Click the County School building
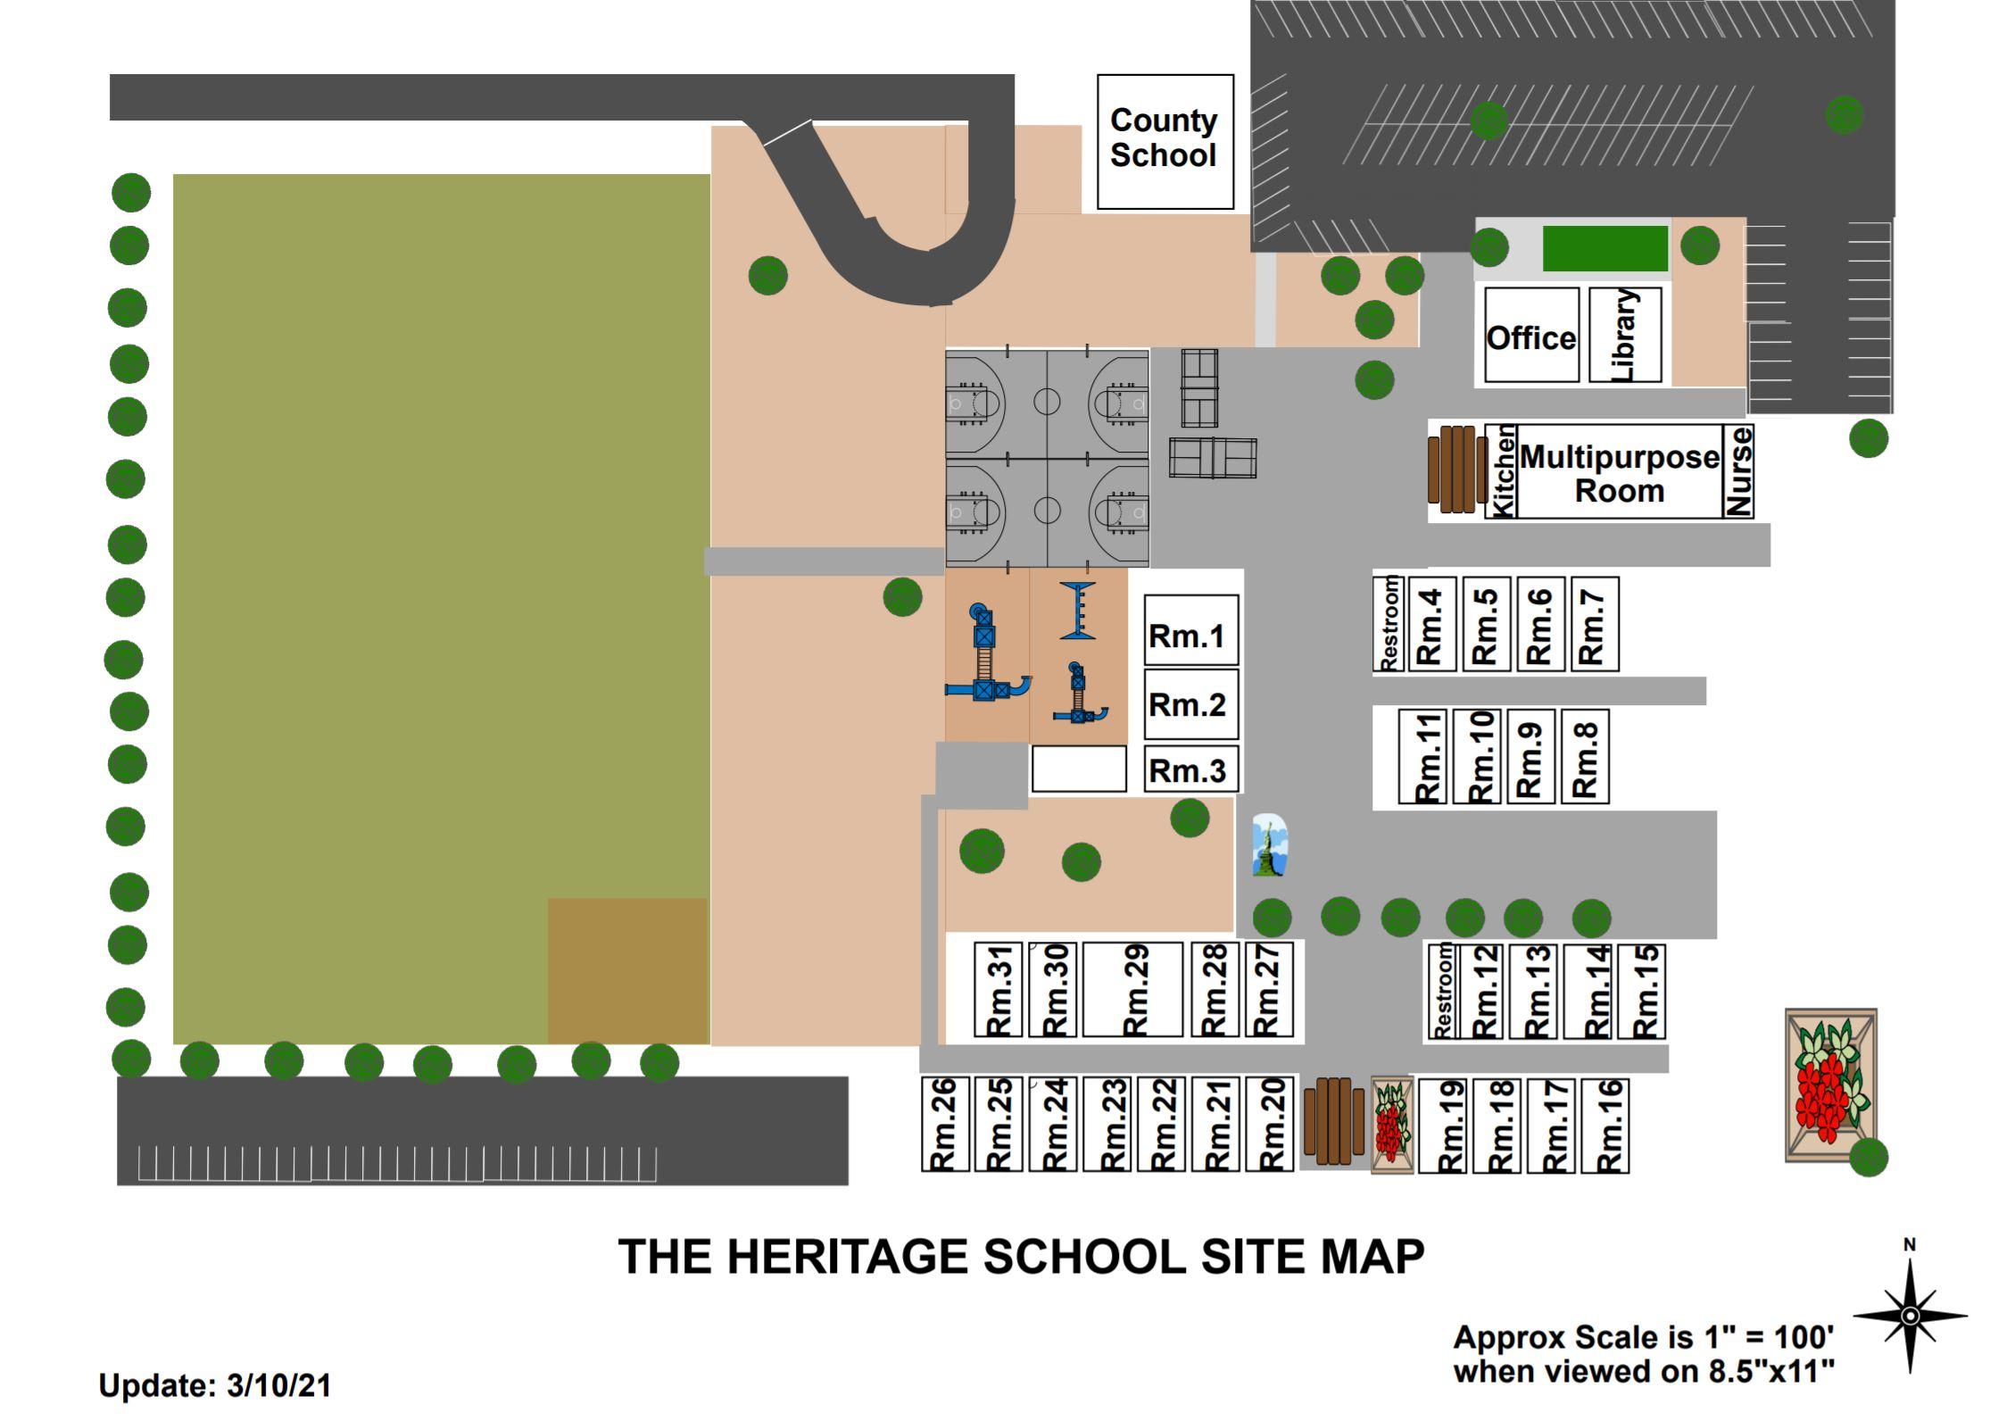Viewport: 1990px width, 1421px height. click(x=1165, y=141)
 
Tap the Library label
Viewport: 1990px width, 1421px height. click(x=1625, y=335)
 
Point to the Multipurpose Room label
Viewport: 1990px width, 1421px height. click(x=1619, y=473)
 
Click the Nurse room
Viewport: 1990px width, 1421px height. click(x=1738, y=470)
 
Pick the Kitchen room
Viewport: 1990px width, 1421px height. click(x=1502, y=470)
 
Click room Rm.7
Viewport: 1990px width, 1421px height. click(x=1595, y=624)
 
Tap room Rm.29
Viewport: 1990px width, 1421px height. click(x=1132, y=989)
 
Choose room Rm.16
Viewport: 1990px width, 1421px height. click(x=1604, y=1126)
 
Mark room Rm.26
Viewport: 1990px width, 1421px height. click(x=945, y=1124)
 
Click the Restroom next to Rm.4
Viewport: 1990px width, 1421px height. click(x=1389, y=624)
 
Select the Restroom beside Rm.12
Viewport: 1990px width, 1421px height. click(x=1441, y=992)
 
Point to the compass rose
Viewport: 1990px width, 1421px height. click(x=1910, y=1315)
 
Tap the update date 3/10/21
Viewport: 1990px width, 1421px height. click(x=278, y=1385)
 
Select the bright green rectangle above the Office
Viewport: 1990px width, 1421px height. click(x=1604, y=248)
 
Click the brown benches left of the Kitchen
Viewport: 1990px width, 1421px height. click(x=1452, y=469)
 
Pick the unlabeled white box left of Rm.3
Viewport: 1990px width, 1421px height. click(x=1079, y=769)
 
